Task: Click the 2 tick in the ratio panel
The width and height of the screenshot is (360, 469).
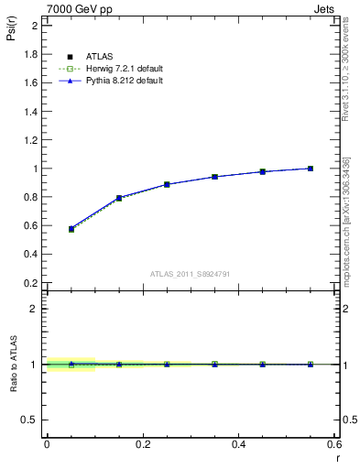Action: click(x=35, y=309)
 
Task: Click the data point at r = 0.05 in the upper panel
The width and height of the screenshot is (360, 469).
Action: click(x=71, y=229)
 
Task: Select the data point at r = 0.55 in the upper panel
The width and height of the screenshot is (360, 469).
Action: click(x=311, y=169)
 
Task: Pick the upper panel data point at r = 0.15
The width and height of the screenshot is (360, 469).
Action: click(x=119, y=198)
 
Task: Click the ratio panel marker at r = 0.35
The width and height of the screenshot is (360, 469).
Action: click(x=214, y=364)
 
